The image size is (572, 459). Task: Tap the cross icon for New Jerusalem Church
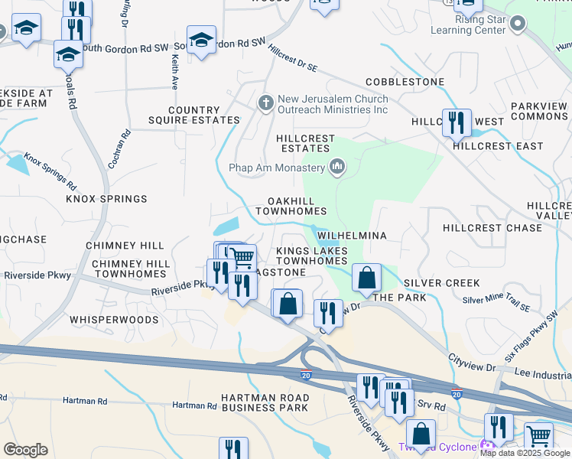[265, 102]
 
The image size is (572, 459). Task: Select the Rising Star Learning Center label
[469, 24]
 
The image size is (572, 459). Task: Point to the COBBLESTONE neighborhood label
[405, 82]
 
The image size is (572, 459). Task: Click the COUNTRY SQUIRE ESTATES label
[204, 116]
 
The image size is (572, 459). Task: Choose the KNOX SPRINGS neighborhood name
[106, 199]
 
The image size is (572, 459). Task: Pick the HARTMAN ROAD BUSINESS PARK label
[265, 403]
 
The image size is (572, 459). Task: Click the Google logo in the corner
[25, 450]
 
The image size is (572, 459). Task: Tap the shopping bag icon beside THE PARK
[367, 276]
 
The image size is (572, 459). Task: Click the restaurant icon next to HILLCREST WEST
[457, 121]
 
